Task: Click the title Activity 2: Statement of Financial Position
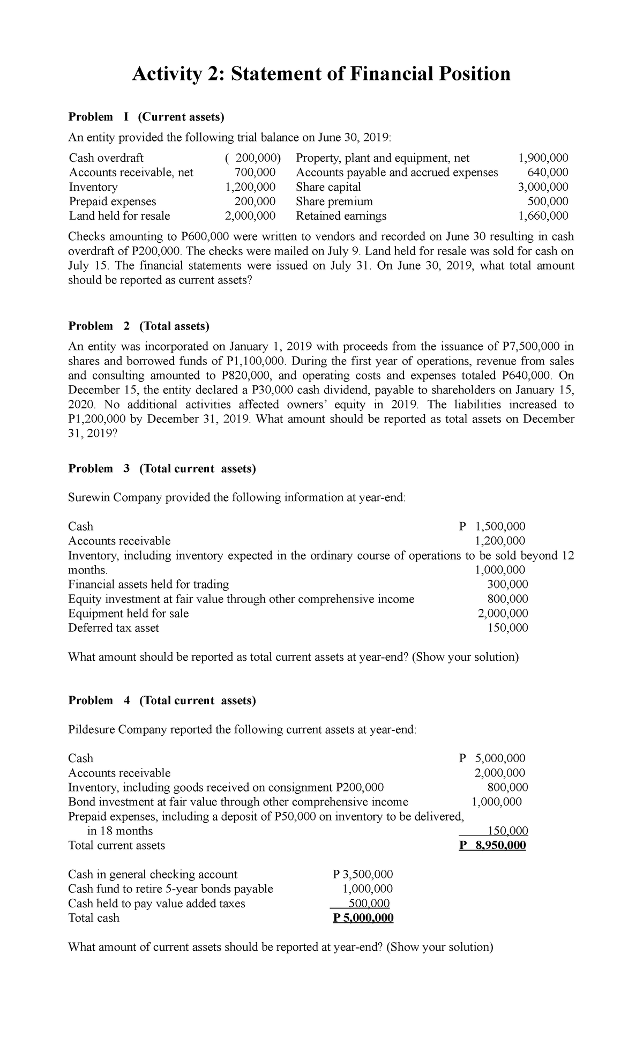pos(321,73)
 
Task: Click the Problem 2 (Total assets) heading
pos(139,326)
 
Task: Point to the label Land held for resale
pos(119,216)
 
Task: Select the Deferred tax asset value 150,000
pos(507,628)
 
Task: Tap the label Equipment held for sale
pos(128,613)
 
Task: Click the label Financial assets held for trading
pos(148,584)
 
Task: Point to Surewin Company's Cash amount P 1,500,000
pos(493,526)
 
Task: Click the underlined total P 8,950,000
pos(493,846)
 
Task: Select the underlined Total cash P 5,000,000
pos(363,918)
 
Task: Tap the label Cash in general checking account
pos(153,875)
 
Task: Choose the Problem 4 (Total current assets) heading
pos(162,700)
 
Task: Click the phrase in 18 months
pos(119,831)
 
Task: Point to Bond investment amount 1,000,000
pos(496,802)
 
